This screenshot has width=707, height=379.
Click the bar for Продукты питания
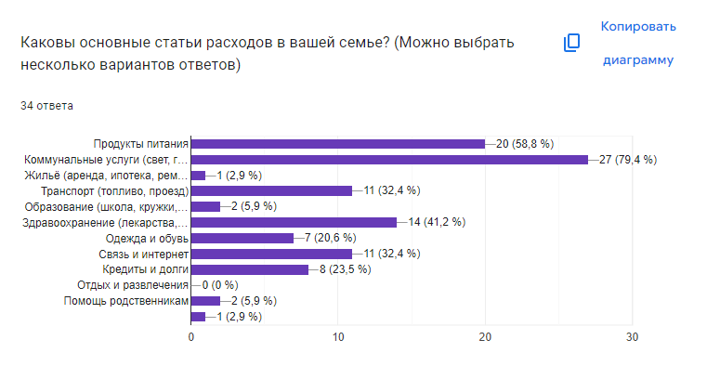click(337, 144)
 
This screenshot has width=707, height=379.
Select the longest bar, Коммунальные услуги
click(389, 160)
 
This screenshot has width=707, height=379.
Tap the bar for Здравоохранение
click(294, 222)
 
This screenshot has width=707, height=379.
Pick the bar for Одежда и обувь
click(242, 238)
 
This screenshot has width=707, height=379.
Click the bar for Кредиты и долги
click(250, 269)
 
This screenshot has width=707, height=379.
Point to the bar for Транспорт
click(271, 190)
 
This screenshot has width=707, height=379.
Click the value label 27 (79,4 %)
click(629, 160)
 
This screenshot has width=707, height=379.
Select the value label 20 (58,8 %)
click(526, 144)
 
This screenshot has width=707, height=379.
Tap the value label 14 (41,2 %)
click(438, 222)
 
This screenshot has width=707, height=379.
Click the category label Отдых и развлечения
click(133, 285)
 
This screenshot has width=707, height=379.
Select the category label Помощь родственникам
click(126, 301)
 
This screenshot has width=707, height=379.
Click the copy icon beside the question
click(572, 43)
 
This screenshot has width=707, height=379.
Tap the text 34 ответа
click(47, 106)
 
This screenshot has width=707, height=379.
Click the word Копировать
click(637, 26)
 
